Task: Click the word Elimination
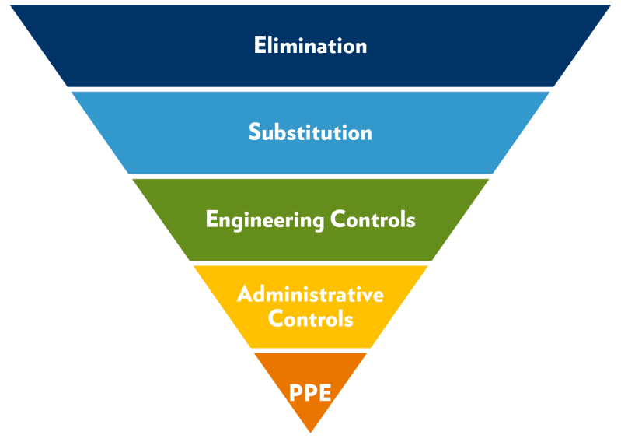point(310,45)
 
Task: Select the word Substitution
point(310,132)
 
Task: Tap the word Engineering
point(265,220)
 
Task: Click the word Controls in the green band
point(373,219)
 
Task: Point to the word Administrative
point(310,295)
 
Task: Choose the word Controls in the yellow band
point(310,319)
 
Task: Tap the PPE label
point(311,392)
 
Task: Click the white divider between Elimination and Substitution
point(310,89)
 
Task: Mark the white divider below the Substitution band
point(310,176)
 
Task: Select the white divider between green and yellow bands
point(310,263)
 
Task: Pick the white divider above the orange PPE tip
point(310,350)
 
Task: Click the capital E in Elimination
point(259,45)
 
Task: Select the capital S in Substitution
point(254,132)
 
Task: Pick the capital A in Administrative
point(244,295)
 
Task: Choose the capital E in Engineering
point(210,219)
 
